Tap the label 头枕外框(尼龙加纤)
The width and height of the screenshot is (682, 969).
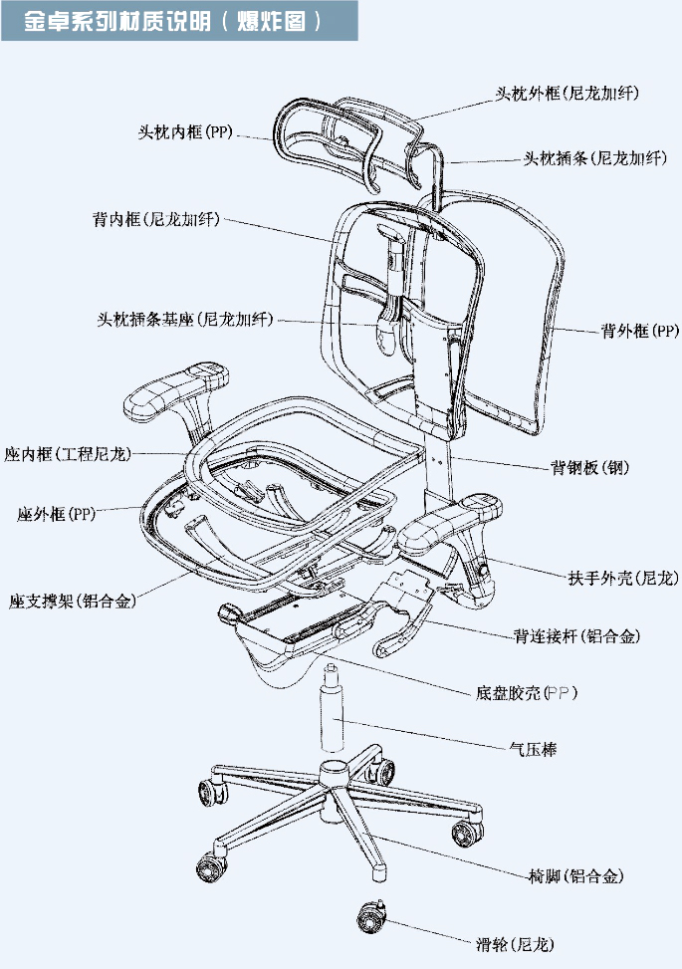pyautogui.click(x=567, y=94)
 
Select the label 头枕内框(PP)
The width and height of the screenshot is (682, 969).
pyautogui.click(x=185, y=132)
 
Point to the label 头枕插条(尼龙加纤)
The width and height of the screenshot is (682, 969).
pyautogui.click(x=594, y=158)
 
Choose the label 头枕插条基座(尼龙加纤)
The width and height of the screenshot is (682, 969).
pyautogui.click(x=184, y=320)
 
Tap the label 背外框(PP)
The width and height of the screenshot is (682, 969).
pyautogui.click(x=639, y=331)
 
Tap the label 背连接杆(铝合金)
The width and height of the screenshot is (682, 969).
pyautogui.click(x=576, y=635)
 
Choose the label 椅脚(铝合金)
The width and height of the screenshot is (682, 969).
pyautogui.click(x=576, y=876)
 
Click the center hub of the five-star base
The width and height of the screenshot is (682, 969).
pyautogui.click(x=334, y=775)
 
